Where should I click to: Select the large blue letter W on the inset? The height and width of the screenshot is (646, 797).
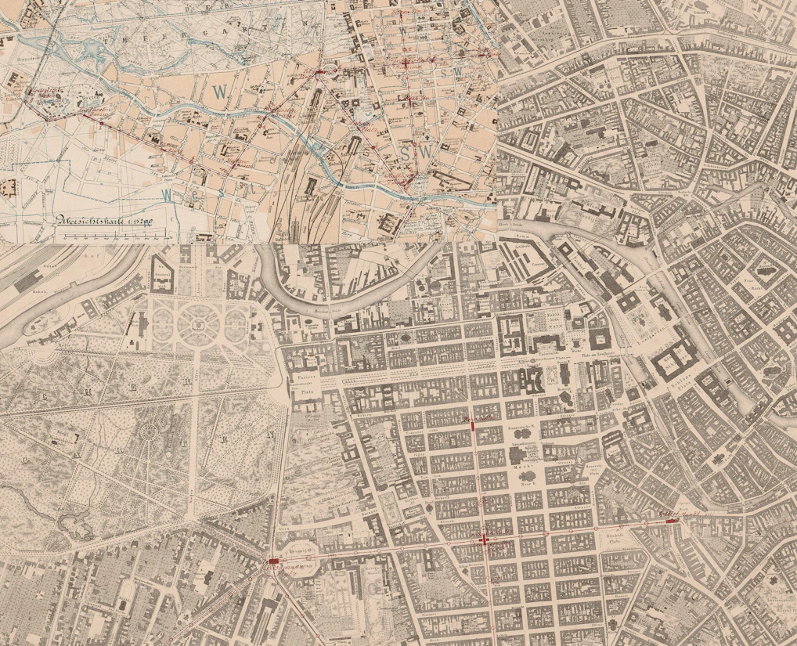click(x=221, y=91)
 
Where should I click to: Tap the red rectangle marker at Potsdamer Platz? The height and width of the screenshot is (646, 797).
click(x=274, y=561)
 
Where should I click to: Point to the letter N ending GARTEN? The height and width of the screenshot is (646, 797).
click(x=272, y=435)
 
